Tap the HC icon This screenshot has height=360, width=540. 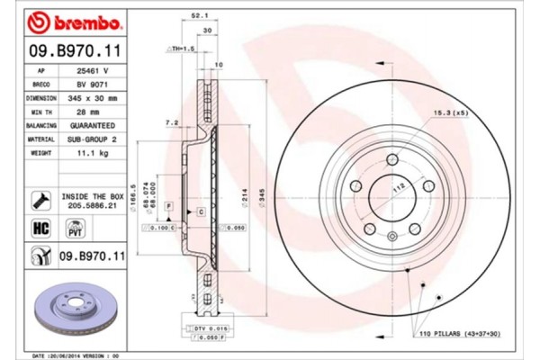pyautogui.click(x=40, y=228)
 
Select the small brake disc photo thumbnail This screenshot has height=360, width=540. pyautogui.click(x=76, y=311)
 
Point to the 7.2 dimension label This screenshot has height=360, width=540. pyautogui.click(x=172, y=123)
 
